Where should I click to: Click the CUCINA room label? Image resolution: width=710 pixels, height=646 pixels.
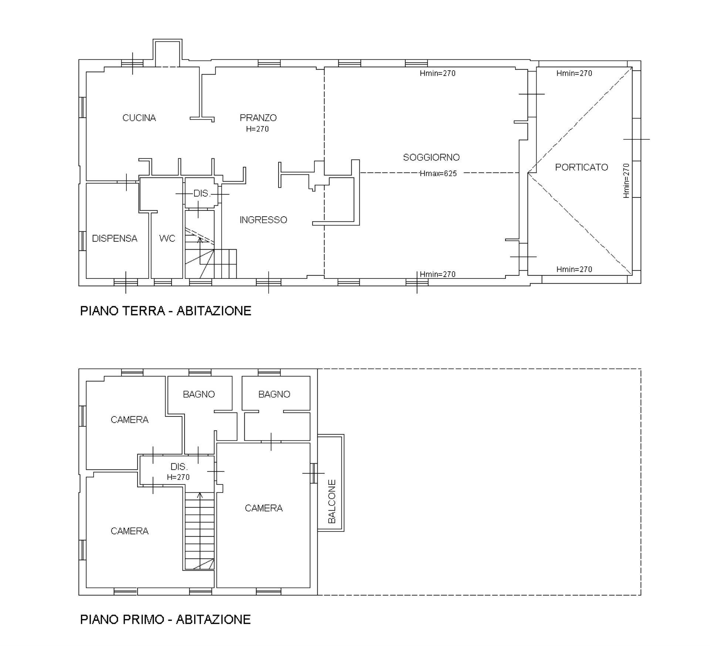pos(139,118)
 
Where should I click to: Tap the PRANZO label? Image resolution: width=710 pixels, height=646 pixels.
pos(258,118)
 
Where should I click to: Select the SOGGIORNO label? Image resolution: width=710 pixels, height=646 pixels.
pos(431,158)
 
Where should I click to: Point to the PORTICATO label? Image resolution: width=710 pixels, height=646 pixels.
pos(582,168)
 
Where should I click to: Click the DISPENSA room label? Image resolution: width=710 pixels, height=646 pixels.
pos(115,239)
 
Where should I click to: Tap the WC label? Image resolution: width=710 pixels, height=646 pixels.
pos(167,239)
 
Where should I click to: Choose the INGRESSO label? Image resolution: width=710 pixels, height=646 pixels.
pos(263,220)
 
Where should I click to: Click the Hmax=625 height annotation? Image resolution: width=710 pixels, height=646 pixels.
pos(438,173)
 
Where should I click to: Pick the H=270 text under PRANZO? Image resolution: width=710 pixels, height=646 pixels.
pos(257,129)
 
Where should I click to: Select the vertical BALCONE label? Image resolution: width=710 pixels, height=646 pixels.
pos(332,501)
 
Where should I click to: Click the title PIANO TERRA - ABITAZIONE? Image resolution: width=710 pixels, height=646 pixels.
pos(166,311)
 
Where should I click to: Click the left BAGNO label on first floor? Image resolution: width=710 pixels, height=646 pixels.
pos(199,395)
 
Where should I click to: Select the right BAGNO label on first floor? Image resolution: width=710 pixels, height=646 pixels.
pos(274,395)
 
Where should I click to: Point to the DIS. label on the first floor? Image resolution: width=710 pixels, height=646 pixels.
pos(179,467)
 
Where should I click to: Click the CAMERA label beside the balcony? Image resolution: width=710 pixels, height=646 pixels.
pos(264,508)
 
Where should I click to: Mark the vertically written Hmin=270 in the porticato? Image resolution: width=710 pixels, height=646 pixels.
pos(626,181)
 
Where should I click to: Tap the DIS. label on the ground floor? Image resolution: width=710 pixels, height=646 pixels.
pos(202,194)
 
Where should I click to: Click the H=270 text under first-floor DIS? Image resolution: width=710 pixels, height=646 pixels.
pos(178,477)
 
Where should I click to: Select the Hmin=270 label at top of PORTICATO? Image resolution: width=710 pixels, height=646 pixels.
pos(574,74)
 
